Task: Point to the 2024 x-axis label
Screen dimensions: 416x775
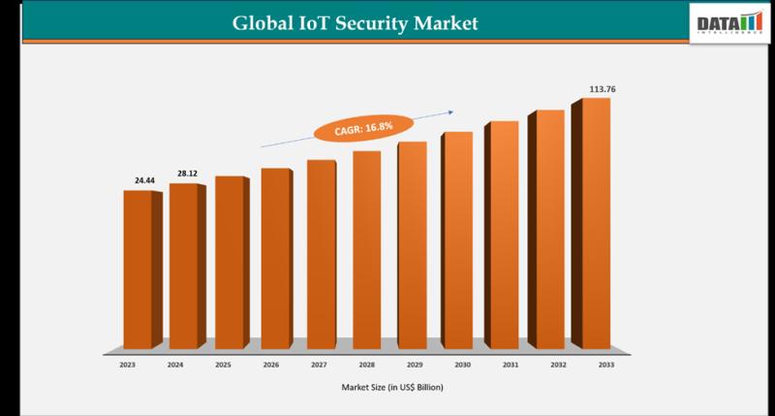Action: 174,365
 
